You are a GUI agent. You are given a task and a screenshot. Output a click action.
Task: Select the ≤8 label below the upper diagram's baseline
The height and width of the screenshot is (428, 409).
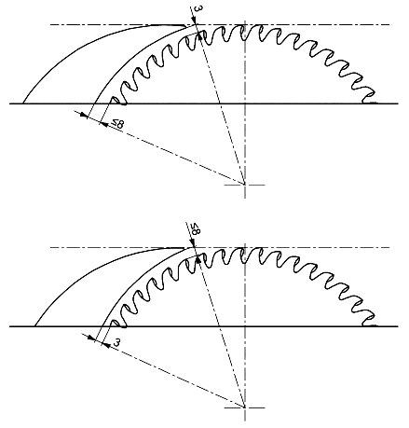[x=118, y=124]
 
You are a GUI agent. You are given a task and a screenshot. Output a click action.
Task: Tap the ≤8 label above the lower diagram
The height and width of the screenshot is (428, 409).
[x=196, y=228]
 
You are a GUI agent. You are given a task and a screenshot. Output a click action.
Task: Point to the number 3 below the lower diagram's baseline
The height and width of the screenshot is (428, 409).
[x=116, y=342]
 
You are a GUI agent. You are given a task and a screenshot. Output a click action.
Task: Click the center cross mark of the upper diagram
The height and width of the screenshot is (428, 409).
[x=245, y=185]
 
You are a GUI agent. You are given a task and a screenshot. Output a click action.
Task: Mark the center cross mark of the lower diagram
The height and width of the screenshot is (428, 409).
[x=245, y=407]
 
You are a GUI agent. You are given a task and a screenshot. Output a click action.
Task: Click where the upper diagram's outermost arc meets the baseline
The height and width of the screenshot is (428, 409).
[x=22, y=104]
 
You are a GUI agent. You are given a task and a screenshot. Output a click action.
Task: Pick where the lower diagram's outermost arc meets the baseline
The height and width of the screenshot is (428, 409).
[x=34, y=326]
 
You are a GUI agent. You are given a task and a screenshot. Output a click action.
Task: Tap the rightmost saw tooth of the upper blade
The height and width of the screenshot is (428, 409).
[x=369, y=97]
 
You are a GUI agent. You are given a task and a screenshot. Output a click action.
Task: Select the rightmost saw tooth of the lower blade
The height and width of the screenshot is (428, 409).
[x=369, y=320]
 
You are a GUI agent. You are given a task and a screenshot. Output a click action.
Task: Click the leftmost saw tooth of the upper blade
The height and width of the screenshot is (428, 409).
[x=118, y=100]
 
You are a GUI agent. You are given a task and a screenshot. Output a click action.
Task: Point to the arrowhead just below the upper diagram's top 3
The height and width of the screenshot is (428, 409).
[x=194, y=21]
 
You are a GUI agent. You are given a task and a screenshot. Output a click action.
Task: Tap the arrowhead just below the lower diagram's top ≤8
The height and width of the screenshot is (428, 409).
[x=194, y=243]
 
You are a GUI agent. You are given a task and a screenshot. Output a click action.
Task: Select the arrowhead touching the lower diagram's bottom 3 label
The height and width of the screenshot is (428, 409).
[x=106, y=345]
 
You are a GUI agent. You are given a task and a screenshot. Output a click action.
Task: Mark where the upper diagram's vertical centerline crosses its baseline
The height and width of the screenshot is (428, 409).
[x=245, y=104]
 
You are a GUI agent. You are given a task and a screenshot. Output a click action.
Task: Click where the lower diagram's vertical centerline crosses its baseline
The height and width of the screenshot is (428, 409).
[x=245, y=326]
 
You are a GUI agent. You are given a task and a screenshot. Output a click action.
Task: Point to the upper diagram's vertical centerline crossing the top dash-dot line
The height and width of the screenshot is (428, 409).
[x=245, y=24]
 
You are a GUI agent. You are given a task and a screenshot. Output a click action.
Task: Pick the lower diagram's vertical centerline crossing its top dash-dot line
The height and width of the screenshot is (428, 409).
[x=245, y=247]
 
